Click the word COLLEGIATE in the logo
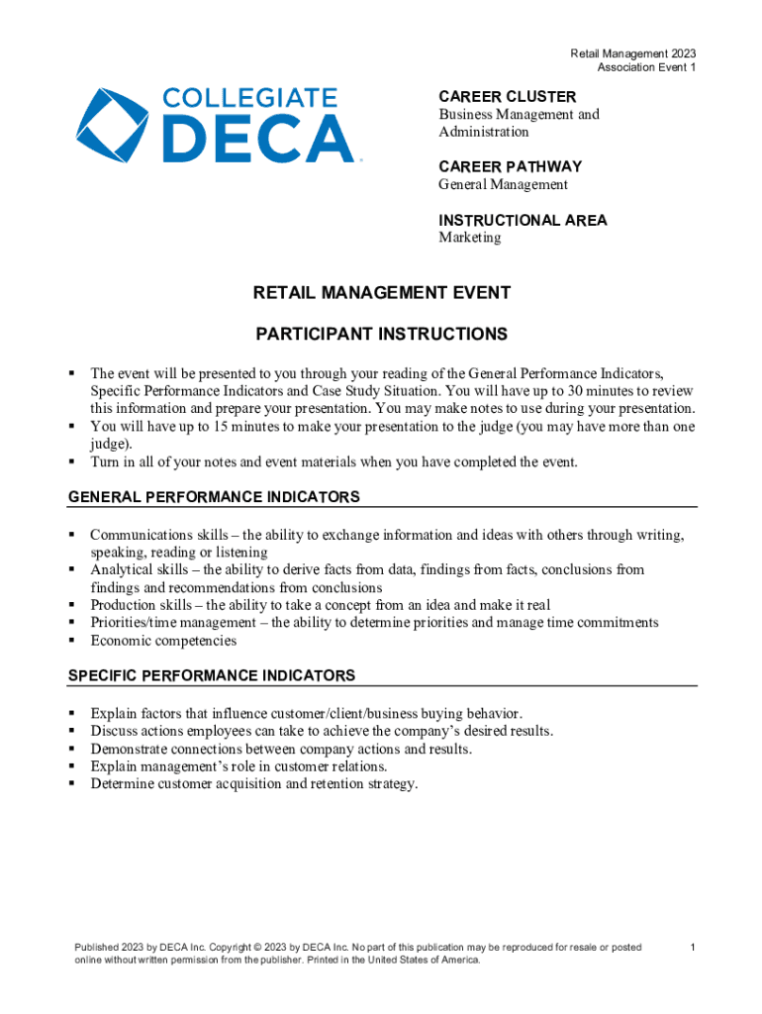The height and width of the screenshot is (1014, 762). (x=249, y=98)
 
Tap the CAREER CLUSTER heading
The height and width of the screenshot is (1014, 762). (x=507, y=97)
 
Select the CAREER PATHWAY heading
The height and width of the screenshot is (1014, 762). (x=510, y=166)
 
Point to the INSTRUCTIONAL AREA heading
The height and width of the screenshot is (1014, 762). (x=523, y=220)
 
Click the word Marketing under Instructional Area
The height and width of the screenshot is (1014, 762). (x=470, y=238)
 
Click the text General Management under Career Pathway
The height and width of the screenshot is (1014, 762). (x=503, y=184)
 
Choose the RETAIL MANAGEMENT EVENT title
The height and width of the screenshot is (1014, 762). (x=382, y=293)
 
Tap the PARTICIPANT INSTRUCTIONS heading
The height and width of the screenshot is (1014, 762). (x=382, y=335)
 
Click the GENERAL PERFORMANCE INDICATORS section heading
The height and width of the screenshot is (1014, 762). (x=214, y=497)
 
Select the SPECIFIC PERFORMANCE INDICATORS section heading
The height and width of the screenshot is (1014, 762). (x=211, y=676)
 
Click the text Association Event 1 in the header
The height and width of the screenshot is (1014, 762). (x=646, y=67)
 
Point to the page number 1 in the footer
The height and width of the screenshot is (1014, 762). (x=694, y=948)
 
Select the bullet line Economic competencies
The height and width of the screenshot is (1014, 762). (x=163, y=641)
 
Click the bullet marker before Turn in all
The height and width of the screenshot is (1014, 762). (x=72, y=462)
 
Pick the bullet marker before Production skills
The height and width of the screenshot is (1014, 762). (x=72, y=605)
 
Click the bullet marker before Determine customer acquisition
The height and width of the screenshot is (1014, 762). (x=72, y=784)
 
